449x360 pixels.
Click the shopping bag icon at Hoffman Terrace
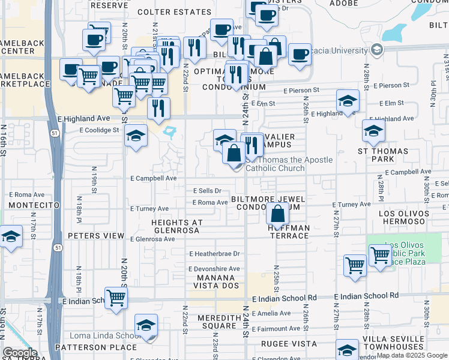point(278,214)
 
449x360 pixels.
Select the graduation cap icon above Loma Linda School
point(146,325)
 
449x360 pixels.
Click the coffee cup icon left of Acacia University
point(299,55)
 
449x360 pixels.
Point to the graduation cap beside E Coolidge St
point(136,135)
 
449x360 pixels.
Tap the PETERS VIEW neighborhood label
point(96,236)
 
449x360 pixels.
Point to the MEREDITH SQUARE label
point(219,322)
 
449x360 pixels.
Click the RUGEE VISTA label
point(289,344)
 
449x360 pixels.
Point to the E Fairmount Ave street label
point(276,329)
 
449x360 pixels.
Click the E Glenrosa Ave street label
point(152,239)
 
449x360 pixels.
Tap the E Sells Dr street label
point(207,190)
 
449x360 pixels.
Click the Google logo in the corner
point(20,353)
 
